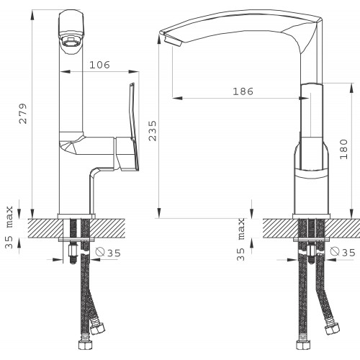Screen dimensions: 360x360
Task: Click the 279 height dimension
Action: tap(23, 114)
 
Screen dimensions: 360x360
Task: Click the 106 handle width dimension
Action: tap(99, 65)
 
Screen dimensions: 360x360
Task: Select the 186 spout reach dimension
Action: tap(243, 91)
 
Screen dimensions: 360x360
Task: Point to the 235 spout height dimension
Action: tap(153, 130)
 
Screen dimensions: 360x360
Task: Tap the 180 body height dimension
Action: tap(343, 149)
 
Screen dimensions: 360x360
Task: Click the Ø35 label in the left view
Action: tap(108, 253)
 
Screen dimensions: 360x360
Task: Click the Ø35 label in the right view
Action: tap(343, 252)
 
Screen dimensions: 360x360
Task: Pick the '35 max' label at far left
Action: tap(9, 228)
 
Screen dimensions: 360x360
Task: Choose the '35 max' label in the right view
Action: tap(240, 239)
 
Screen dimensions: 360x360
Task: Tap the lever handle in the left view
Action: tap(134, 127)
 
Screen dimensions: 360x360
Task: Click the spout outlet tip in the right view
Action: tap(172, 41)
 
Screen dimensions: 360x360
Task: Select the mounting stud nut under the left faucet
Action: tap(73, 251)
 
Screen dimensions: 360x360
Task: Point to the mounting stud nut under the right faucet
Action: tap(311, 251)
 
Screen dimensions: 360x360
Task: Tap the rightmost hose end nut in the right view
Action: tap(332, 328)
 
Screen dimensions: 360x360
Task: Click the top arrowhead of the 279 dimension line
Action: tap(32, 15)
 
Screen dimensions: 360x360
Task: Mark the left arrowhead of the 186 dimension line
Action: tap(177, 98)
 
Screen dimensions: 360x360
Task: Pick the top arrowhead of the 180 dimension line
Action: tap(351, 88)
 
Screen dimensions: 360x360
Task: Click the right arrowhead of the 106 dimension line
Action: tap(134, 71)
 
